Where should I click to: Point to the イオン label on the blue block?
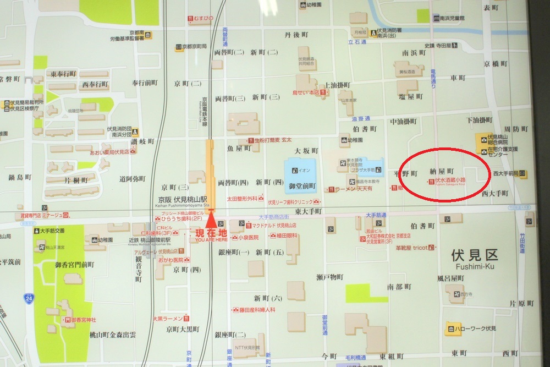pos(305,169)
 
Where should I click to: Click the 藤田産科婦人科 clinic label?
pos(256,310)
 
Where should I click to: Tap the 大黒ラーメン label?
pos(167,318)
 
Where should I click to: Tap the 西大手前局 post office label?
pos(506,174)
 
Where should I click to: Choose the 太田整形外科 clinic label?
pos(245,198)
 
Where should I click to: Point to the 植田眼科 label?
pos(287,235)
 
